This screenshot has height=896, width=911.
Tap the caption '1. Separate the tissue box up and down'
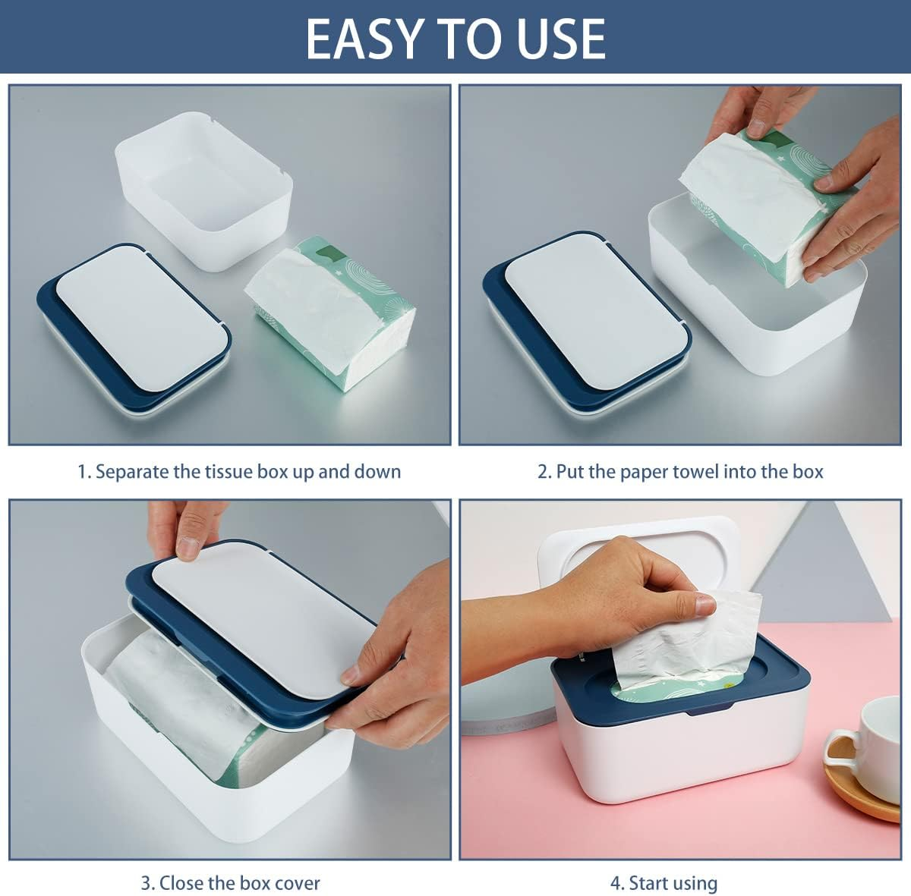[239, 471]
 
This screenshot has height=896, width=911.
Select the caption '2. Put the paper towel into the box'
[680, 471]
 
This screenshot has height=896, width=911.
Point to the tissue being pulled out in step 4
[683, 645]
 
